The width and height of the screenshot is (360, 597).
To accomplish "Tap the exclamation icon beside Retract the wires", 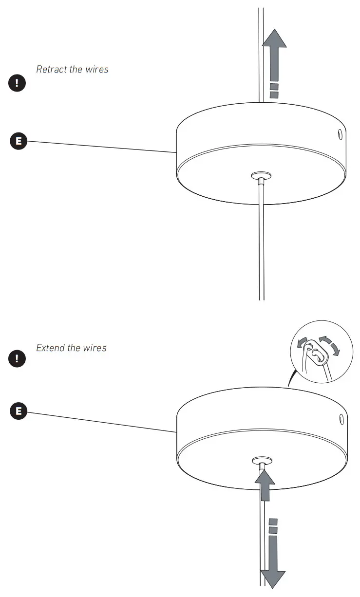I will (17, 82).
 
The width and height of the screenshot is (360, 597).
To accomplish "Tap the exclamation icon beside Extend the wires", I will (17, 359).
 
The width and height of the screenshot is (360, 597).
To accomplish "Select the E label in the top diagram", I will (19, 142).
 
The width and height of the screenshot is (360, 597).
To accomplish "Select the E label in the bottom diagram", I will (19, 410).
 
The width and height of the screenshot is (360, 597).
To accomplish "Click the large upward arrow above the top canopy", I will (274, 54).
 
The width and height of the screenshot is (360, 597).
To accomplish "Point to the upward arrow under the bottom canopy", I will (265, 485).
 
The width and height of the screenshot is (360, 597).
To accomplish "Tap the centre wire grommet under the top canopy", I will (262, 175).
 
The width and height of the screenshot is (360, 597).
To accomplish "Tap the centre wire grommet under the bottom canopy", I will (262, 460).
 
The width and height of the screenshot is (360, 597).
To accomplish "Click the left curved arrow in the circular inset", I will (303, 343).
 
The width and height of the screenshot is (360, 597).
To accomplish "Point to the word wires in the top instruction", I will (96, 69).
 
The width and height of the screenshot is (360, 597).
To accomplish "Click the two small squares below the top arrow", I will (274, 91).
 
